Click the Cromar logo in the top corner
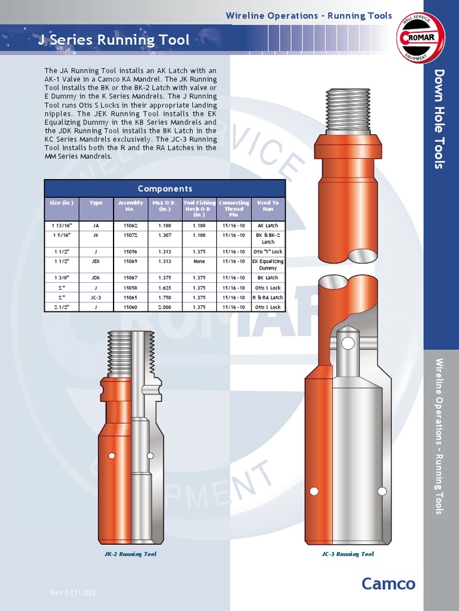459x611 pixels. [x=421, y=38]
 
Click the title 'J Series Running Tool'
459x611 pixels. [x=114, y=41]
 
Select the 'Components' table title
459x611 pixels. [x=165, y=189]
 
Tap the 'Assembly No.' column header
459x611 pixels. [x=130, y=206]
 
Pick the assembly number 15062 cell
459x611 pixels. [x=130, y=226]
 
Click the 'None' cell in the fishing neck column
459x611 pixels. [x=199, y=261]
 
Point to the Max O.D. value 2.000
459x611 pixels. [x=164, y=307]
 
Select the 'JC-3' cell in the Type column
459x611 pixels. [x=96, y=297]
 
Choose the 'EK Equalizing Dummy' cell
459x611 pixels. [x=268, y=264]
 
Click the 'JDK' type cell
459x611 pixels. [x=96, y=277]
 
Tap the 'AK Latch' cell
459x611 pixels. [x=268, y=226]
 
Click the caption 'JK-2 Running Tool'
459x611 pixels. [x=130, y=554]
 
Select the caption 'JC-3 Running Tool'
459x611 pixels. [x=347, y=554]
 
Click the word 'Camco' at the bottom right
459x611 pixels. [x=388, y=584]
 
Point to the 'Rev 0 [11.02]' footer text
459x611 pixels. [x=72, y=593]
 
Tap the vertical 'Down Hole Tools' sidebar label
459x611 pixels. [x=440, y=119]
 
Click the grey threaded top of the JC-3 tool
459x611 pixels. [x=348, y=111]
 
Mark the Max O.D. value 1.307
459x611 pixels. [x=164, y=235]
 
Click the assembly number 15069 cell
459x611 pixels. [x=130, y=261]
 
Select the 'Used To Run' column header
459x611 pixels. [x=268, y=206]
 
